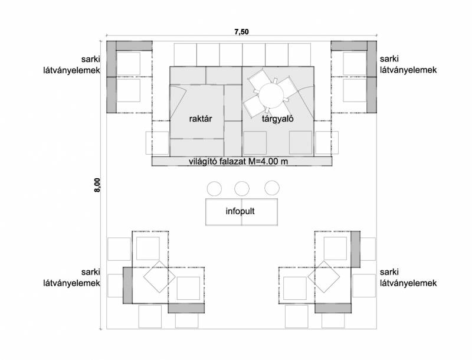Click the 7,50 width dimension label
pos(241,31)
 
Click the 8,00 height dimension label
pos(97,185)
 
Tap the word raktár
pos(201,119)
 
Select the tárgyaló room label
pos(277,119)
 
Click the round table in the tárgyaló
pos(271,95)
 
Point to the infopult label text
pos(240,211)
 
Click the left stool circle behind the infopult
pos(214,189)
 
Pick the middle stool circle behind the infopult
pos(242,189)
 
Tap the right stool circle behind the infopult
pos(272,188)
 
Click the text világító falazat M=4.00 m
pos(238,161)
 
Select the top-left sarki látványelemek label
pos(71,64)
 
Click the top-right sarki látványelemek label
pos(408,64)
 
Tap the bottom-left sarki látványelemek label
pos(71,277)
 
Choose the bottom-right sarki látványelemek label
pos(408,277)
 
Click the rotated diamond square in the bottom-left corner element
pos(159,277)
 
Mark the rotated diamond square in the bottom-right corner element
pos(323,277)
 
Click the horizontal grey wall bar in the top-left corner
pos(134,46)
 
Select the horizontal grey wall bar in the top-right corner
pos(349,46)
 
